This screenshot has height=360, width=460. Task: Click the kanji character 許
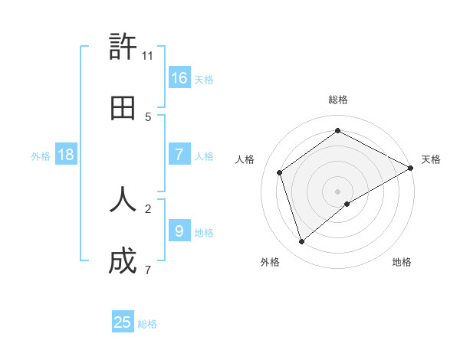(x=123, y=47)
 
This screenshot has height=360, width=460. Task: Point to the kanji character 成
(x=123, y=261)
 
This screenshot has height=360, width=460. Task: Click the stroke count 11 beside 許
(x=148, y=56)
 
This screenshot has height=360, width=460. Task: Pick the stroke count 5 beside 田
(x=148, y=117)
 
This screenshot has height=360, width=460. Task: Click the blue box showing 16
(x=179, y=78)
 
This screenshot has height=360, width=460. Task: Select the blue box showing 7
(x=179, y=155)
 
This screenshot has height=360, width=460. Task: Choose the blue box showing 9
(x=179, y=231)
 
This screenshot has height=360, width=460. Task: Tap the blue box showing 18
(x=66, y=155)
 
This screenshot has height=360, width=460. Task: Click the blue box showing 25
(x=123, y=322)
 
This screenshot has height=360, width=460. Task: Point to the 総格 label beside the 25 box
(x=147, y=324)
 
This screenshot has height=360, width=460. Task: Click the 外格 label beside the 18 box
(x=41, y=156)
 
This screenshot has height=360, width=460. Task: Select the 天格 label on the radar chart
(x=431, y=159)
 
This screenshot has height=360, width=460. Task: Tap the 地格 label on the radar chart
(x=402, y=262)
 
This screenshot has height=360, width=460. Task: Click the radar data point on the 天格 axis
(x=410, y=167)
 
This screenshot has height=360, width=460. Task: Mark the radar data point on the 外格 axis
(x=302, y=242)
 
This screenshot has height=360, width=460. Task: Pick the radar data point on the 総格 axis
(x=337, y=130)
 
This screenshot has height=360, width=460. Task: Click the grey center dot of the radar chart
(x=337, y=191)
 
